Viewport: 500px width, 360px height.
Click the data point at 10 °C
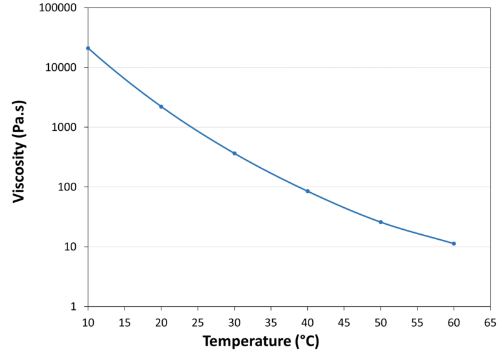click(88, 48)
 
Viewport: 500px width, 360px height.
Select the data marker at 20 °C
click(161, 106)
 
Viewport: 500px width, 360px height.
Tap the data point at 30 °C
click(234, 153)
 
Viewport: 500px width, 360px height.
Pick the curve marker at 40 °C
click(307, 191)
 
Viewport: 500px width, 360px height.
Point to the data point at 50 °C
click(380, 222)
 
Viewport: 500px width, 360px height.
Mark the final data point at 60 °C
click(454, 244)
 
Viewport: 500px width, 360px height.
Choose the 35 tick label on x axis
click(270, 322)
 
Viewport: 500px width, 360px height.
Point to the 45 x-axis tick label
click(344, 322)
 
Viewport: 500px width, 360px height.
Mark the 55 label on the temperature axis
click(417, 322)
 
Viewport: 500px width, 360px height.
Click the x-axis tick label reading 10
click(88, 322)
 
